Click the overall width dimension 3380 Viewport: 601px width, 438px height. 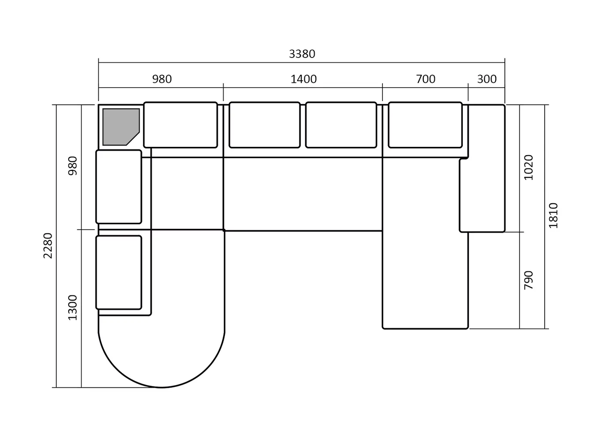pyautogui.click(x=302, y=54)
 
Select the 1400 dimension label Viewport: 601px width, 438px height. pyautogui.click(x=304, y=79)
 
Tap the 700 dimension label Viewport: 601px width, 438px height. pyautogui.click(x=425, y=79)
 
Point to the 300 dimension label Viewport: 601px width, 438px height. pyautogui.click(x=487, y=79)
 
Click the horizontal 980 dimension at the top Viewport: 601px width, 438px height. pyautogui.click(x=162, y=79)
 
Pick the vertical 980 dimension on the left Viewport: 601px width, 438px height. pyautogui.click(x=73, y=166)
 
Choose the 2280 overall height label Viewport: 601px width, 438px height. pyautogui.click(x=48, y=246)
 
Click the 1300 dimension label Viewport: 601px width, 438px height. pyautogui.click(x=73, y=307)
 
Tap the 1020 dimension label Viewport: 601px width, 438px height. pyautogui.click(x=528, y=167)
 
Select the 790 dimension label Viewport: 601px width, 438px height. pyautogui.click(x=528, y=280)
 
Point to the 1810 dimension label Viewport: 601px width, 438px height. pyautogui.click(x=553, y=216)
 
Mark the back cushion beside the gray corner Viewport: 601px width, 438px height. pyautogui.click(x=181, y=125)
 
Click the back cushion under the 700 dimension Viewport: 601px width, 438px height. pyautogui.click(x=425, y=125)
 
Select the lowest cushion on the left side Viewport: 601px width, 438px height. pyautogui.click(x=119, y=272)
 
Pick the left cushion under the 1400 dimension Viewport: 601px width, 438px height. pyautogui.click(x=264, y=125)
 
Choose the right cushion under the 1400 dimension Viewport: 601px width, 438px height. pyautogui.click(x=341, y=125)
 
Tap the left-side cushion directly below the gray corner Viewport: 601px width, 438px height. pyautogui.click(x=119, y=186)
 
